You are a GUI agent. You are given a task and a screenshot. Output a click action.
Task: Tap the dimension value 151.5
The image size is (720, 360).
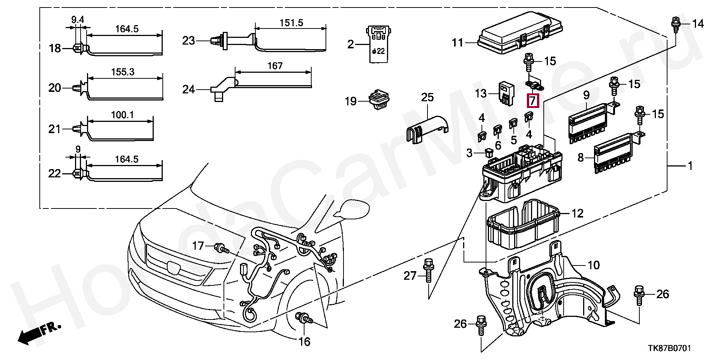tap(291, 22)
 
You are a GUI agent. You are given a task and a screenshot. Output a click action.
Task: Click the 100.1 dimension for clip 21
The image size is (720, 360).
tap(122, 115)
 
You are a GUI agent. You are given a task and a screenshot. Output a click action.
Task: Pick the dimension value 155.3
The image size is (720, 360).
tap(123, 72)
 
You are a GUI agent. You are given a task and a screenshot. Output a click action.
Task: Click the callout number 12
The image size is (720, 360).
tap(577, 213)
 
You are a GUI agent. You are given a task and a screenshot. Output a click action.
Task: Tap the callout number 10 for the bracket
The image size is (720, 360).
tap(593, 265)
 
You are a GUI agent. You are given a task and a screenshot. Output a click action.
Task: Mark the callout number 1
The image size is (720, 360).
tap(690, 166)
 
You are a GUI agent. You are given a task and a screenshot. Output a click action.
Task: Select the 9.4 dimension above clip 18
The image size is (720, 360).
tap(78, 19)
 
